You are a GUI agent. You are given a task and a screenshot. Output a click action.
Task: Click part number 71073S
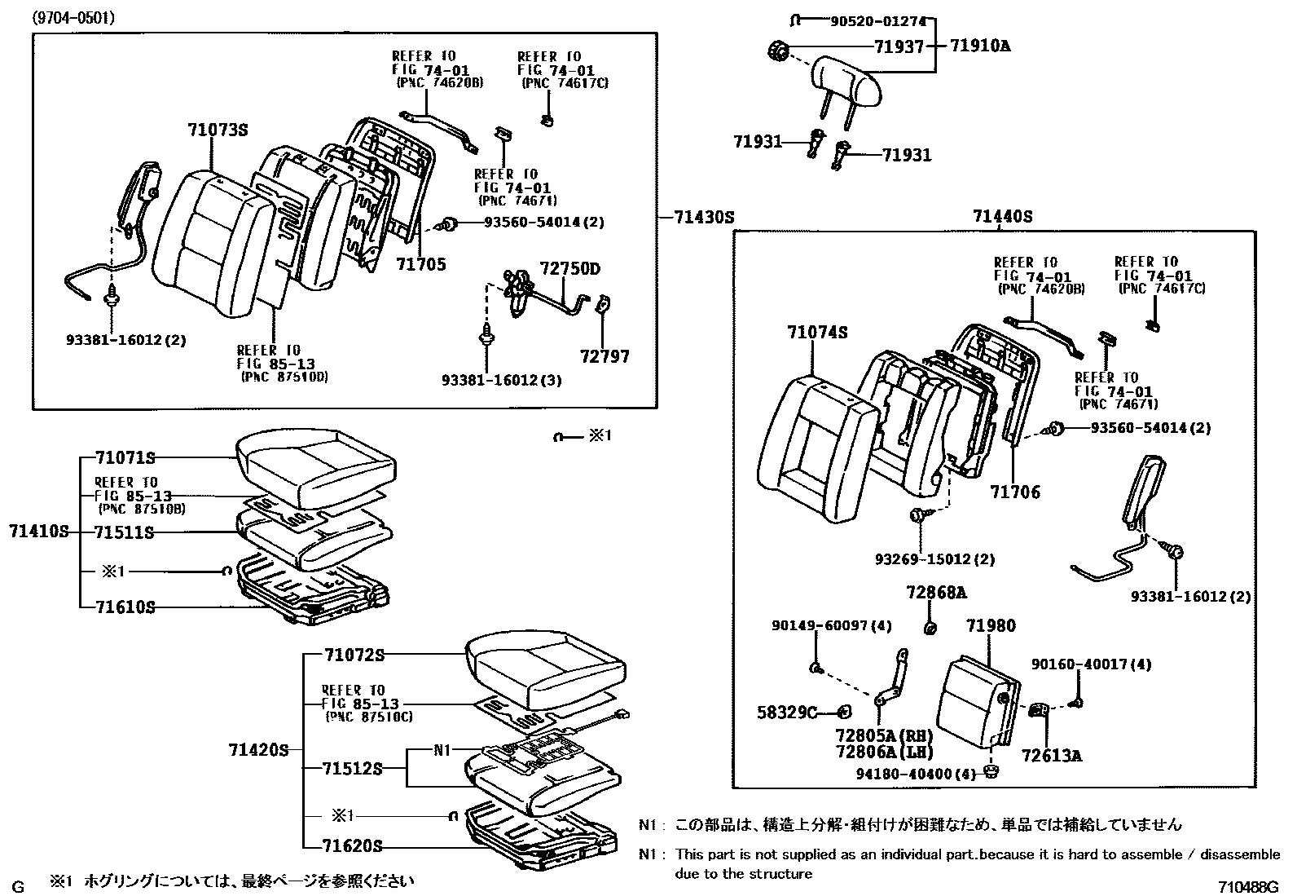[x=217, y=130]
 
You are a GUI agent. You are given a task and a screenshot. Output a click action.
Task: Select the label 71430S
[x=705, y=218]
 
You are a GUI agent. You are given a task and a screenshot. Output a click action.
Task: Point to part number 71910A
[x=980, y=46]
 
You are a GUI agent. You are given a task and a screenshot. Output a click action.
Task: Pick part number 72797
[x=605, y=356]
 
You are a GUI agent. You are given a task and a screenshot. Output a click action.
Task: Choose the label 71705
[x=421, y=264]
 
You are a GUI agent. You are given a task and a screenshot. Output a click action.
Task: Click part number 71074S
[x=817, y=333]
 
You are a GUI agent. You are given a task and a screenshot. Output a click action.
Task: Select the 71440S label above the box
[x=1002, y=217]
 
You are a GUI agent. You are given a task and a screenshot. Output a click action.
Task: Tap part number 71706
[x=1015, y=492]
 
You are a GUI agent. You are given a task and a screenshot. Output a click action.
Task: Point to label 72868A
[x=936, y=593]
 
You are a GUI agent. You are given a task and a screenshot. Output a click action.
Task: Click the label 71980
[x=991, y=626]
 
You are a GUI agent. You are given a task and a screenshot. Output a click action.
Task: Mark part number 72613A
[x=1052, y=756]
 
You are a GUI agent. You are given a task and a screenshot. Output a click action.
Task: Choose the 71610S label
[x=125, y=607]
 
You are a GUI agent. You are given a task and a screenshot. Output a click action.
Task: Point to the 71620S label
[x=353, y=845]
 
